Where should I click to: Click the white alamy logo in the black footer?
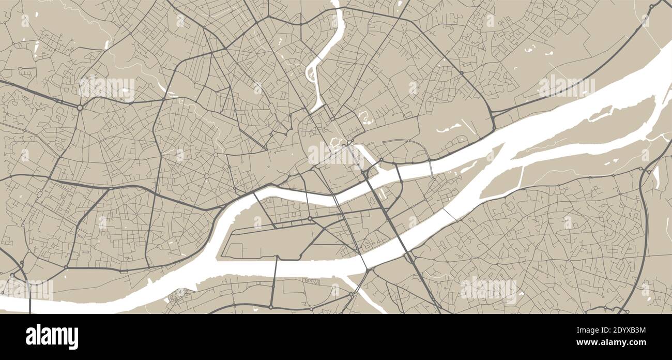coord(52,337)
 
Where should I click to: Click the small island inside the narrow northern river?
coord(312,76)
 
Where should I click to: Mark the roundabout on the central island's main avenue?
coord(310,219)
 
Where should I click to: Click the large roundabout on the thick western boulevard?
coord(80,108)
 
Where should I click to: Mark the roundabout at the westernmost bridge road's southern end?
coord(270,307)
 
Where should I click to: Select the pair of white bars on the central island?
coord(383,194)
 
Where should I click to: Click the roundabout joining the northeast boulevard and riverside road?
coord(494,127)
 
